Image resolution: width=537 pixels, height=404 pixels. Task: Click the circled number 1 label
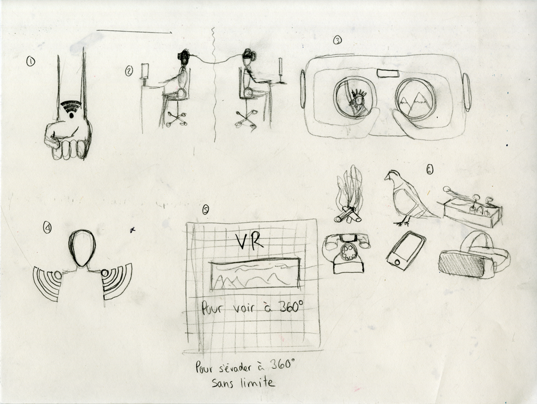(31, 62)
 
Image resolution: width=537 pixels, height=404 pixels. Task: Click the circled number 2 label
(129, 71)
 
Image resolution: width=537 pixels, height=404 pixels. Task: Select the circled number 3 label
(337, 41)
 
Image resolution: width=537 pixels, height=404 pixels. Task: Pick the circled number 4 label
(47, 227)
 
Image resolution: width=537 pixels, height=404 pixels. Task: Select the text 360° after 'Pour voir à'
(290, 307)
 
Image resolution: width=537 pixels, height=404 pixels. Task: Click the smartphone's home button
(397, 263)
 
